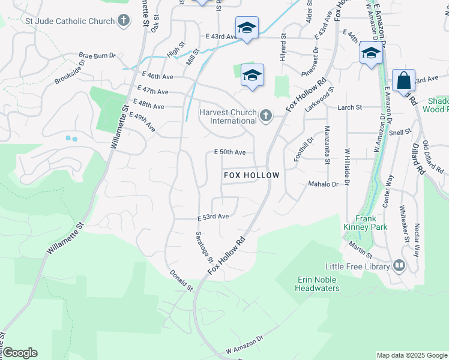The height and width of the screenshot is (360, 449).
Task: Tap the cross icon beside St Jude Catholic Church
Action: point(124,22)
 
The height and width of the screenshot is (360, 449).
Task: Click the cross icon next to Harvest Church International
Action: point(265,115)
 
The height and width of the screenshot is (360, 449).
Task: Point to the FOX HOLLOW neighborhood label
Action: point(252,175)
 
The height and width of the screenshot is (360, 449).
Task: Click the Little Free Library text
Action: point(357,266)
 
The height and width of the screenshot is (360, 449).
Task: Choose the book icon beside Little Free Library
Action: point(399,266)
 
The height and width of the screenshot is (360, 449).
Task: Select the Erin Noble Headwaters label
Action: point(318,284)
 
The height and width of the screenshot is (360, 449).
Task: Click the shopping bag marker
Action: point(403,80)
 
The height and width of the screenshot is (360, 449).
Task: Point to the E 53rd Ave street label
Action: point(213,217)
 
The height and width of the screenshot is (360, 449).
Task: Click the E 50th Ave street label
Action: point(230,152)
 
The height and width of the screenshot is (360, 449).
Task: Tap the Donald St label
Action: point(181,280)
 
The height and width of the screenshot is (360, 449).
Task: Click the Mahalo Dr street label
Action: point(323,184)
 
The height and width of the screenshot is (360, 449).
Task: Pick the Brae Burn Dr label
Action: point(97,56)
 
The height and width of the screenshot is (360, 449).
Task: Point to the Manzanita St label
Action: point(327,145)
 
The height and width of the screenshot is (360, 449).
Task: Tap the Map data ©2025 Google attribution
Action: point(412,355)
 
